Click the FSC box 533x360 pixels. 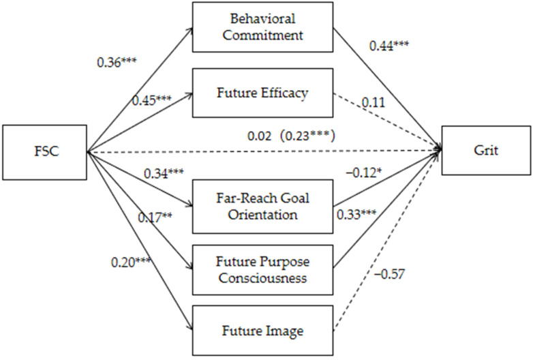coord(44,152)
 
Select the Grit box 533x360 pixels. coord(486,150)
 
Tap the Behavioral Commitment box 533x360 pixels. coord(263,27)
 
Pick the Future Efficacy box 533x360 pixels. coord(263,93)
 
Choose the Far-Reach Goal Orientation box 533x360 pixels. coord(263,207)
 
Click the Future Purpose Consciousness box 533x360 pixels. coord(263,269)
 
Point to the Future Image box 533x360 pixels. coord(263,331)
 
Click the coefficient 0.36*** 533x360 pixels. coord(117,62)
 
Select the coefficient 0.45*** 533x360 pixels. coord(152,100)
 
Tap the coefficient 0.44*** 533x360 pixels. coord(389,45)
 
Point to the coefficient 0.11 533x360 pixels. coord(374,102)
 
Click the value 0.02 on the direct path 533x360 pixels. coord(260,136)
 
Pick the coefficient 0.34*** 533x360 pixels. coord(164,173)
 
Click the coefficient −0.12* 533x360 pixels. coord(363,173)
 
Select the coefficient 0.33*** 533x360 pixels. coord(356,214)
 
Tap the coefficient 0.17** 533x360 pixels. coord(155,217)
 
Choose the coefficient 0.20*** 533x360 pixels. coord(132,262)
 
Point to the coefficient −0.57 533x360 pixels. coord(390,273)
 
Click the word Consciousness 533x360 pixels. coord(263,278)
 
